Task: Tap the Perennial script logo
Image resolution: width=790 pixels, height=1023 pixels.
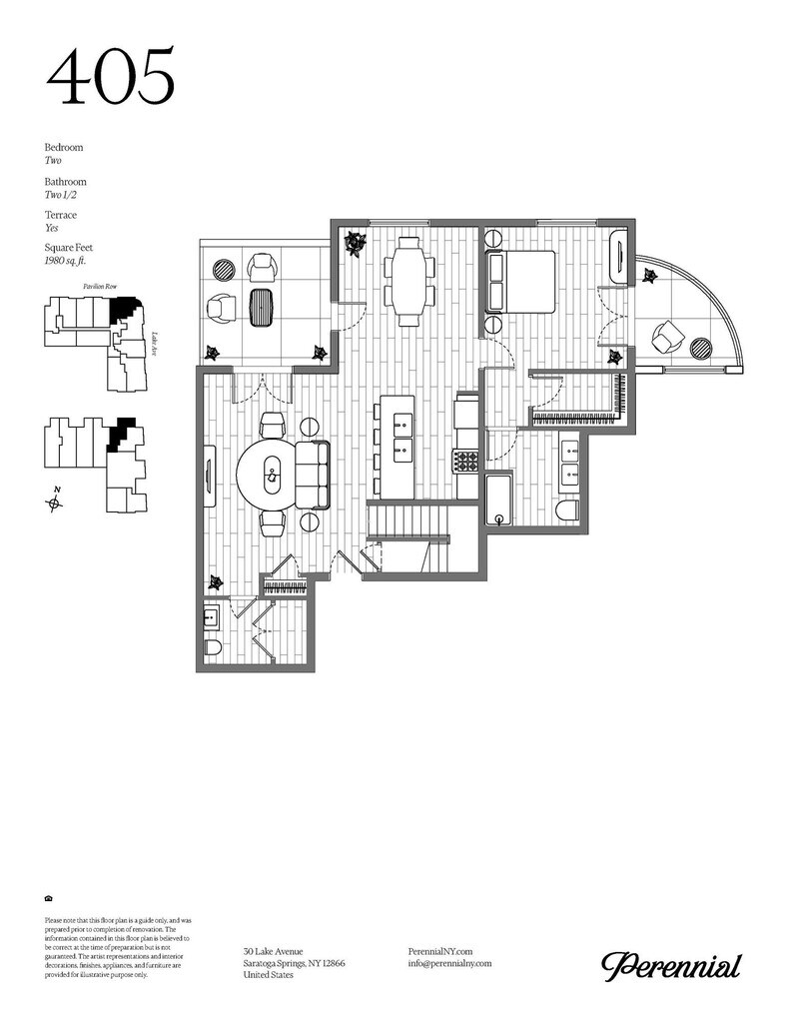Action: click(x=671, y=965)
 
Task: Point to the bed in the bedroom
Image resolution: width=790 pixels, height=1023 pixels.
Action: click(x=520, y=282)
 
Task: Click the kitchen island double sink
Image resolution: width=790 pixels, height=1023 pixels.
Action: click(x=401, y=435)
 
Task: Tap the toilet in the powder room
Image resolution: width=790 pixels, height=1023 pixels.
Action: click(x=212, y=648)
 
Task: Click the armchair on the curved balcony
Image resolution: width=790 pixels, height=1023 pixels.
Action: click(x=665, y=338)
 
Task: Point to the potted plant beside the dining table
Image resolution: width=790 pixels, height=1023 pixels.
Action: click(x=356, y=243)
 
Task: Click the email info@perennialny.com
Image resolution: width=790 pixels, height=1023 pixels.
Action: click(x=450, y=963)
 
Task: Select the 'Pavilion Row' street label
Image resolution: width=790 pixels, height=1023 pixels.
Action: click(x=95, y=287)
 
